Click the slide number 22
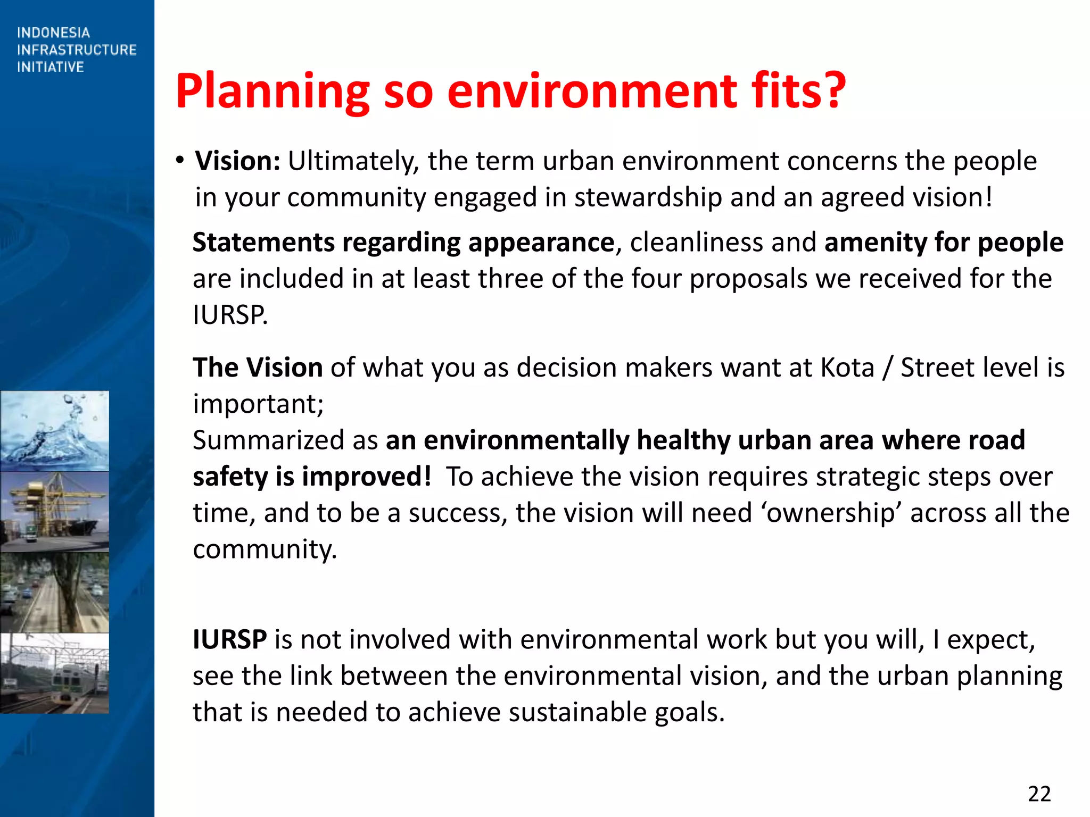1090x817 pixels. [1039, 794]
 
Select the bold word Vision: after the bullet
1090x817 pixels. [237, 161]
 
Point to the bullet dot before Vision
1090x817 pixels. [180, 160]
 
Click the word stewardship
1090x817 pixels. [648, 197]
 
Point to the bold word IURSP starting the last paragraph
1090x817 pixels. [229, 639]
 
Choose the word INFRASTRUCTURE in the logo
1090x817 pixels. [77, 50]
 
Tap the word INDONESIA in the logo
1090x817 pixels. [53, 33]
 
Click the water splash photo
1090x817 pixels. [54, 431]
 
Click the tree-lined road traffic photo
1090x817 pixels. [54, 593]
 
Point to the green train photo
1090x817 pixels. [54, 673]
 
